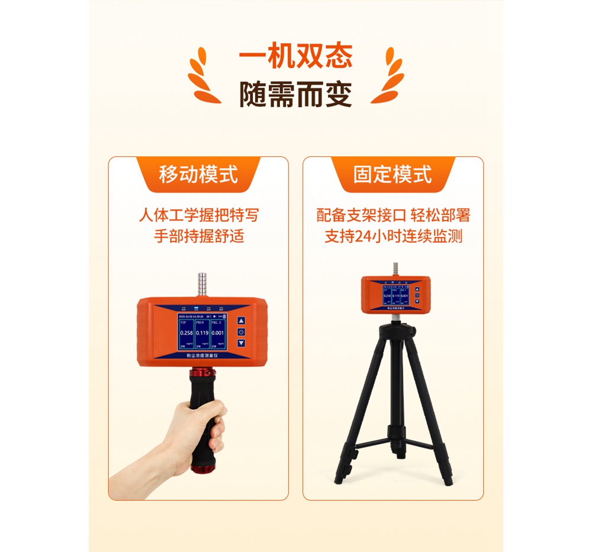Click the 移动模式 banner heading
(x=198, y=175)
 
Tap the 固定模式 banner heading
(x=392, y=175)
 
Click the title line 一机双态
(x=295, y=57)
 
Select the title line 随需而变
(x=295, y=94)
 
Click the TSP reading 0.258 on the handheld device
(x=186, y=333)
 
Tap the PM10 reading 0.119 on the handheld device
(x=206, y=333)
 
